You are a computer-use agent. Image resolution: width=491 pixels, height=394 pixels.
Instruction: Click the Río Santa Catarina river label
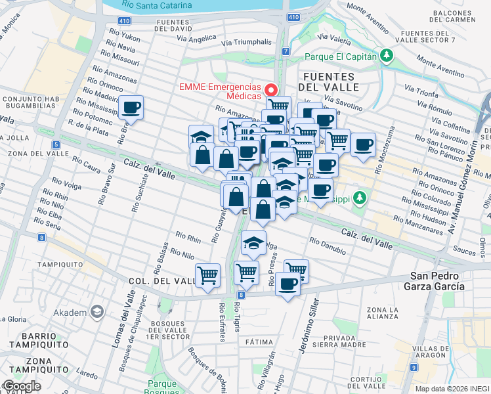(156, 5)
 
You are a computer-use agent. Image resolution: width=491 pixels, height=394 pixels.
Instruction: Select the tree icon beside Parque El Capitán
(387, 56)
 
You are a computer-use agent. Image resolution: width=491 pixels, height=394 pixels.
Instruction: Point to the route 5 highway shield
(57, 144)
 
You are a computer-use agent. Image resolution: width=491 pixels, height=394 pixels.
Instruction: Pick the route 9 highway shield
(413, 366)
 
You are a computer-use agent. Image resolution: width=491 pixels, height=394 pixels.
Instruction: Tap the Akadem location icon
(98, 311)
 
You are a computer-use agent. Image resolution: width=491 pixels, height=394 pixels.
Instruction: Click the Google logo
(21, 386)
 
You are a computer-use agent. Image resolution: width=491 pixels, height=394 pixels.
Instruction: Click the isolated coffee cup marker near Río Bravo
(131, 108)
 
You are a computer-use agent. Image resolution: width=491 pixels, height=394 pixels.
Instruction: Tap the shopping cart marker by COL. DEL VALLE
(208, 276)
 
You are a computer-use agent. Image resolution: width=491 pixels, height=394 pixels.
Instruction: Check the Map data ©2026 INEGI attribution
(452, 389)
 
